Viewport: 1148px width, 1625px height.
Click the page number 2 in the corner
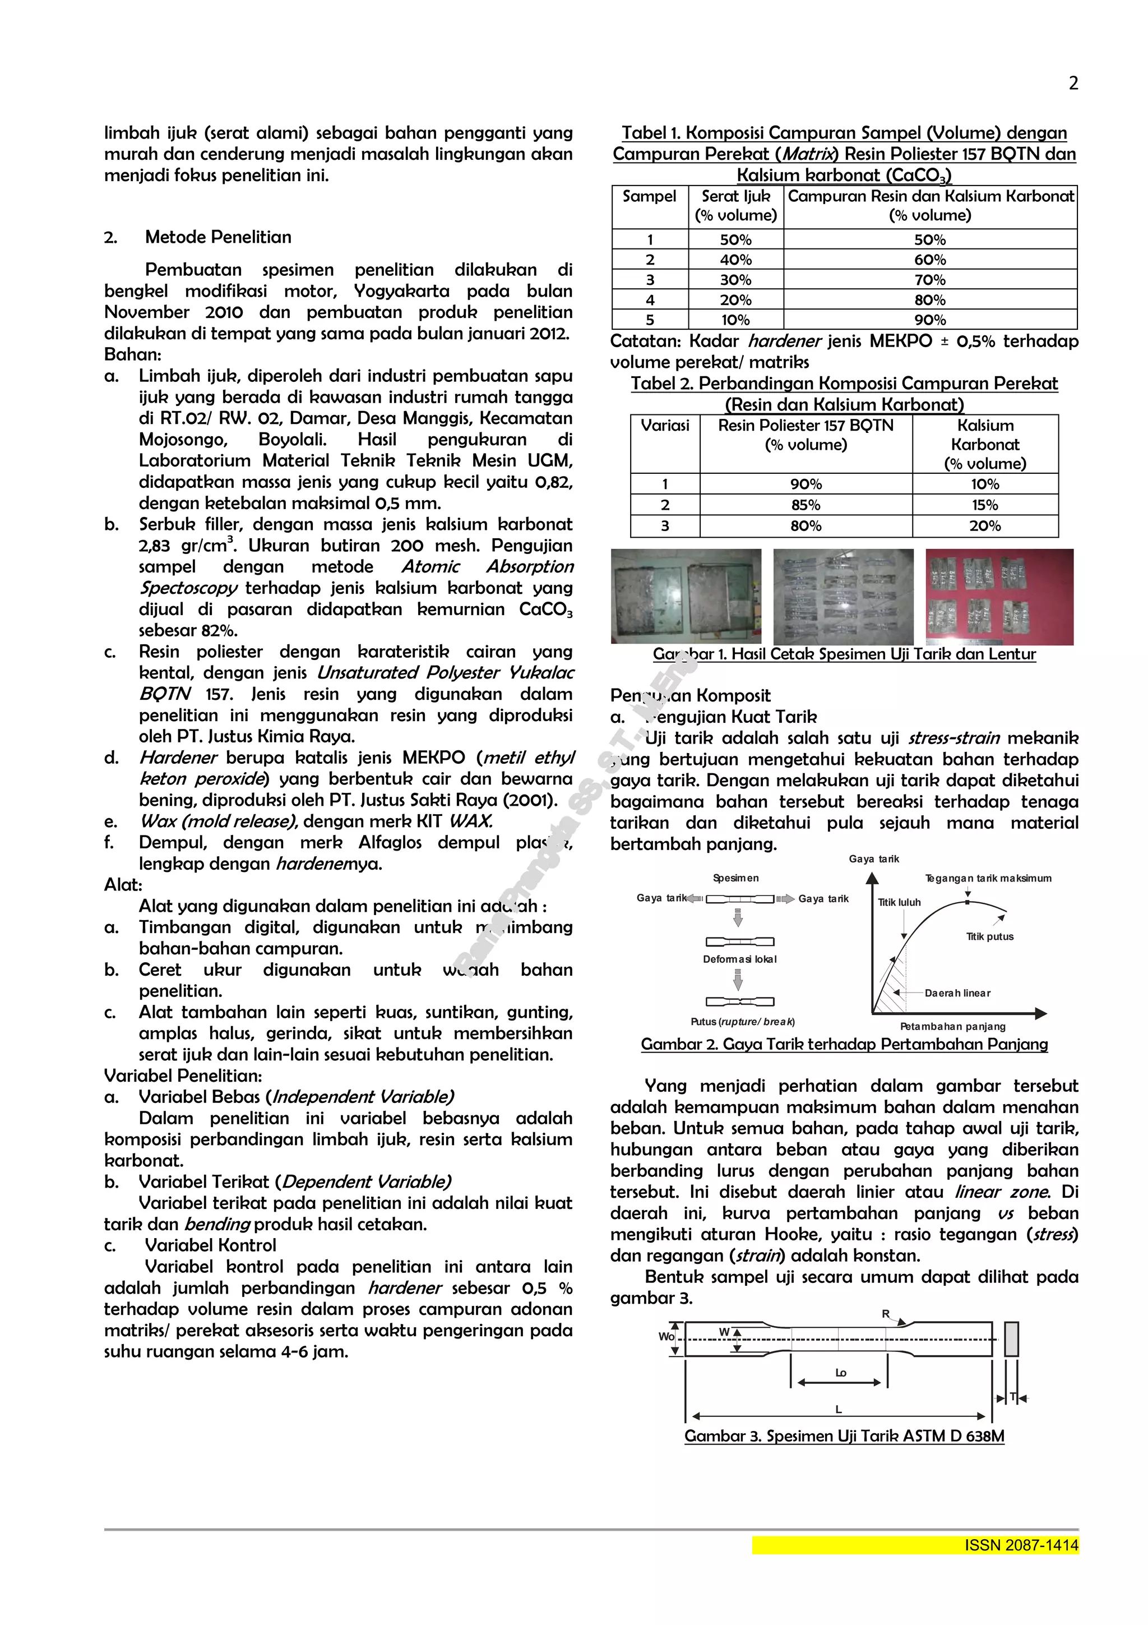click(1073, 84)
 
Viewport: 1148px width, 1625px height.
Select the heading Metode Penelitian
click(218, 237)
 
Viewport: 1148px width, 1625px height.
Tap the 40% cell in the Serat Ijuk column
click(735, 260)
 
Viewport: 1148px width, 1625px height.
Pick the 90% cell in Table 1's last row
click(929, 320)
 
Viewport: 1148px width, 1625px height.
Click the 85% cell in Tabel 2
click(806, 505)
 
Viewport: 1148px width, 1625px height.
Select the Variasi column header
click(665, 426)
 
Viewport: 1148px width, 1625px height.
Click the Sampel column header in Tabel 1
click(649, 196)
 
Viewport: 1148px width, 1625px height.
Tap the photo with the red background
click(999, 597)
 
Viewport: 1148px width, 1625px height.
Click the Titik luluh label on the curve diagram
click(899, 902)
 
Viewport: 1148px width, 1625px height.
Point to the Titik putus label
click(989, 936)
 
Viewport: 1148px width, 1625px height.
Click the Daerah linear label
click(957, 993)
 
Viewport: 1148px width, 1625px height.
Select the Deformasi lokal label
click(739, 959)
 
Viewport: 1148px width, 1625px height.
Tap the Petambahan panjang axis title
click(952, 1026)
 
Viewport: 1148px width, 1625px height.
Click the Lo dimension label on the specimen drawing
click(840, 1372)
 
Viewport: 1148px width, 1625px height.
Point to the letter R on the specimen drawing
click(886, 1314)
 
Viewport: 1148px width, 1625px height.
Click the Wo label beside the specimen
click(665, 1336)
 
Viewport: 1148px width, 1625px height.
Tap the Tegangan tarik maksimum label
click(988, 878)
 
